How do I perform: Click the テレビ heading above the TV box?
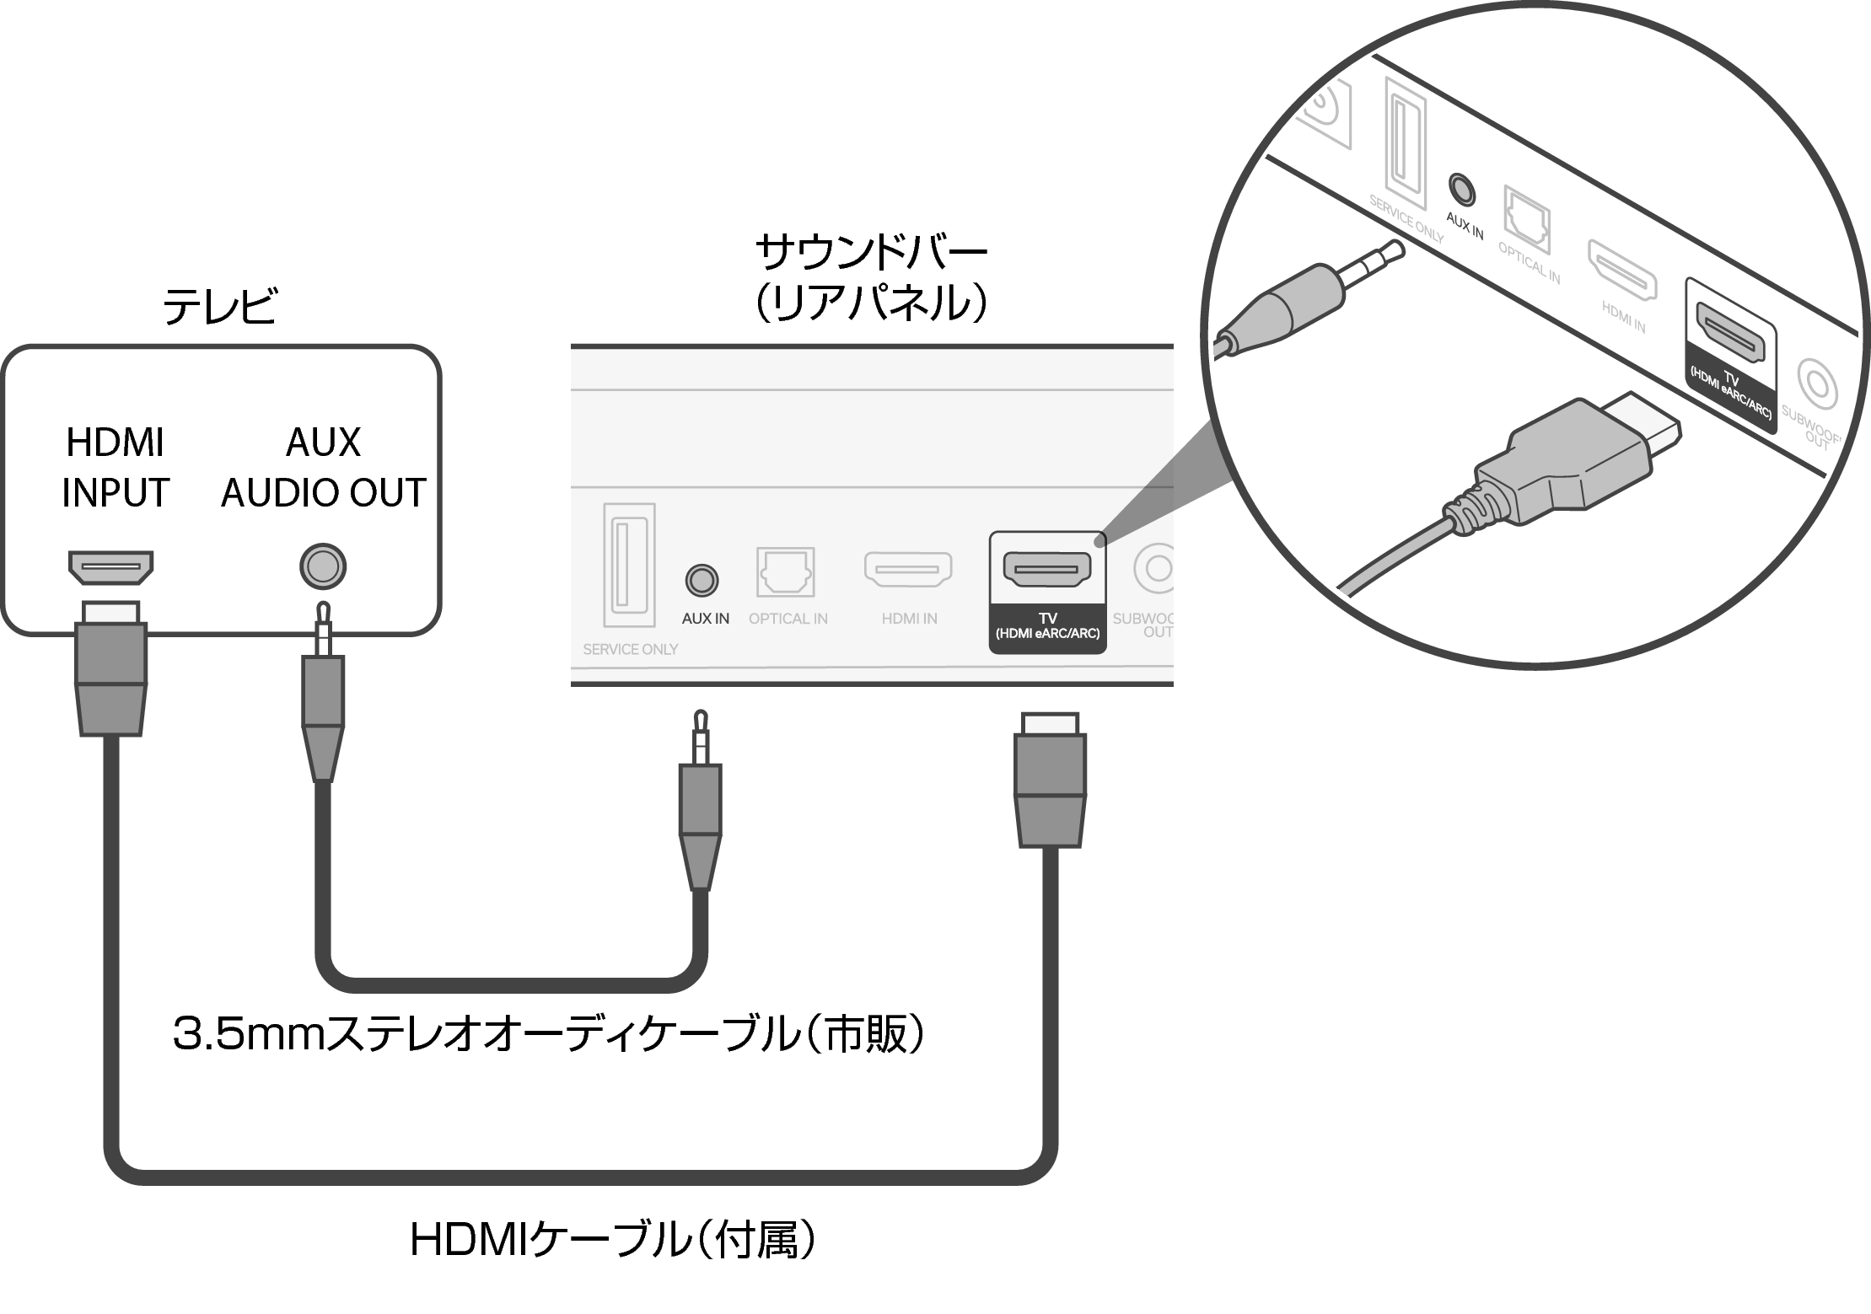(219, 306)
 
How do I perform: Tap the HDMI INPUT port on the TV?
(110, 566)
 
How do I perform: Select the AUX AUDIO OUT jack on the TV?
(323, 566)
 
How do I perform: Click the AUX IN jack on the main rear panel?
(701, 580)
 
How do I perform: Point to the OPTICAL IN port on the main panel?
(785, 572)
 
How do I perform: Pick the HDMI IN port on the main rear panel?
(908, 569)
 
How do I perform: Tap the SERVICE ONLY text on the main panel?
(630, 649)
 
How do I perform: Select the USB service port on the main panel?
(629, 565)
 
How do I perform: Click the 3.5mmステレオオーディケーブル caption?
(548, 1033)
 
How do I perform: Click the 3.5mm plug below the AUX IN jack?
(700, 809)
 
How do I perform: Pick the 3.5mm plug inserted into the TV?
(323, 691)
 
